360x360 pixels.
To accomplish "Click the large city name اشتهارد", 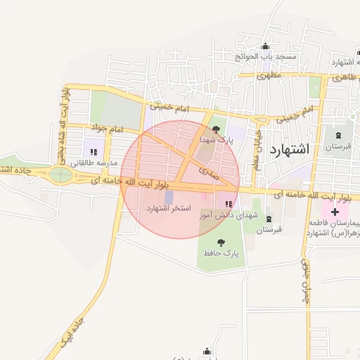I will click(x=289, y=149).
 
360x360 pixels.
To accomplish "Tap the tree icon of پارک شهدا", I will click(x=216, y=129).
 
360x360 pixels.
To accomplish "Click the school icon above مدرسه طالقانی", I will click(x=94, y=151).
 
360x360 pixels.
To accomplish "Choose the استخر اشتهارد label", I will click(x=169, y=209).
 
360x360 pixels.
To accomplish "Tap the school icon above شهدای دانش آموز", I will click(x=228, y=205).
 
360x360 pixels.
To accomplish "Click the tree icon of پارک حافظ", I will click(x=221, y=243).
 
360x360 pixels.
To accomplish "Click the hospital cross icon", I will click(x=335, y=211).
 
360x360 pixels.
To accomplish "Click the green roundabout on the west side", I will click(x=61, y=174).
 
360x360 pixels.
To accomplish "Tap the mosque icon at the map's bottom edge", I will click(x=207, y=352).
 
